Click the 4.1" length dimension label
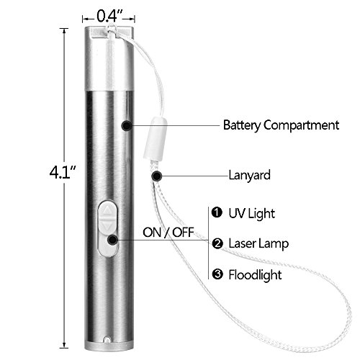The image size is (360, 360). click(62, 172)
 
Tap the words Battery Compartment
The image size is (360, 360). click(281, 125)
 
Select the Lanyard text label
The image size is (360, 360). click(249, 176)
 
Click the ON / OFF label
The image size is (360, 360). click(168, 233)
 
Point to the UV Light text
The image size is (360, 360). click(251, 214)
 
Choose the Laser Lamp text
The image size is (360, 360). click(258, 243)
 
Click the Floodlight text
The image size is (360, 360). click(255, 274)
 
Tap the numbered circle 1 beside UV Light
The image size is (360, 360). click(217, 212)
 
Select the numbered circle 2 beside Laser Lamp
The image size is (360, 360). click(217, 243)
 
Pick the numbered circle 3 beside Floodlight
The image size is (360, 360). click(217, 274)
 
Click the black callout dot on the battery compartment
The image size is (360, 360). click(127, 125)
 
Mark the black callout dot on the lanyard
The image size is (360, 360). click(157, 176)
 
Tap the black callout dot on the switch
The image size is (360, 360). click(112, 240)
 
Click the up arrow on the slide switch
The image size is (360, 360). click(107, 210)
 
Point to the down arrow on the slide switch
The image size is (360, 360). click(107, 225)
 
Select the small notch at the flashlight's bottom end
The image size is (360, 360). click(107, 340)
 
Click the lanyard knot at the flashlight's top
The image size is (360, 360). click(111, 30)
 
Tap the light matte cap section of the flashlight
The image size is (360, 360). click(109, 59)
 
